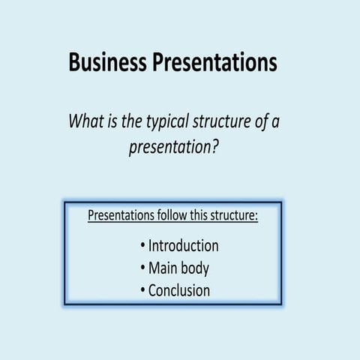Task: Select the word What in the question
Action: [87, 121]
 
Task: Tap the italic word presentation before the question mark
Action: [170, 148]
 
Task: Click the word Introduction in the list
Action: [184, 246]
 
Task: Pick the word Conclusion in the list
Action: [179, 290]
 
